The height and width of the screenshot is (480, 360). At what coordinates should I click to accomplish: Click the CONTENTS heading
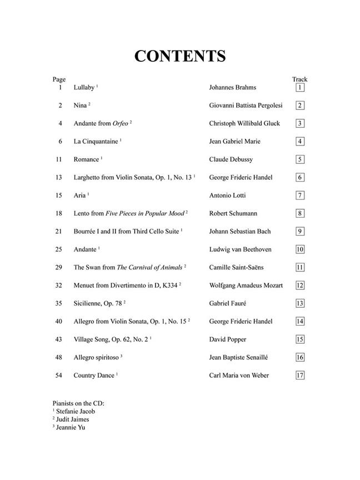pos(179,56)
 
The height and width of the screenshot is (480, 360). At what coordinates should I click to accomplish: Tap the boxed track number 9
pos(300,232)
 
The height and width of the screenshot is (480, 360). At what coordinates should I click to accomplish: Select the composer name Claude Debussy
pos(231,159)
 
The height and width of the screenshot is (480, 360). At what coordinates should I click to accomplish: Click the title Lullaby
pos(84,88)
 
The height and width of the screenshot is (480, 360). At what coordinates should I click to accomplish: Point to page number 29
pos(59,267)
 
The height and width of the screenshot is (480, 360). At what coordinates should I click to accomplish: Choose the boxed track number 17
pos(300,375)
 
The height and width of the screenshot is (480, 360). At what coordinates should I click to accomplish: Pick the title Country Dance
pos(94,376)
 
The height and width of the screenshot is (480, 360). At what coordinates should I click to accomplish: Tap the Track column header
pos(299,79)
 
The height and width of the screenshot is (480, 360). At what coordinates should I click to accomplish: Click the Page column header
pos(59,79)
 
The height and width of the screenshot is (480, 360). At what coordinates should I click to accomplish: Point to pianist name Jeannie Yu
pos(72,427)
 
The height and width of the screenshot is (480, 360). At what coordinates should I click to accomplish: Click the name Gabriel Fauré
pos(227,303)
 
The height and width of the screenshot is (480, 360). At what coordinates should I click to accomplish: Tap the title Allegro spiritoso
pos(96,357)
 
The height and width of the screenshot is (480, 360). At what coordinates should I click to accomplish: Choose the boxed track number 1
pos(300,88)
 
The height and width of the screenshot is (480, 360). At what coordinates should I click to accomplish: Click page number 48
pos(59,357)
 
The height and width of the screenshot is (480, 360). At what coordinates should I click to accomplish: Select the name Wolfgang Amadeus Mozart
pos(246,286)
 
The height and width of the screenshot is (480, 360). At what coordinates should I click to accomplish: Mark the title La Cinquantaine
pos(96,142)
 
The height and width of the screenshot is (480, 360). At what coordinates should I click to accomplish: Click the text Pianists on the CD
pos(78,403)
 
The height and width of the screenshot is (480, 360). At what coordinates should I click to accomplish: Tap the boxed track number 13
pos(300,303)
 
